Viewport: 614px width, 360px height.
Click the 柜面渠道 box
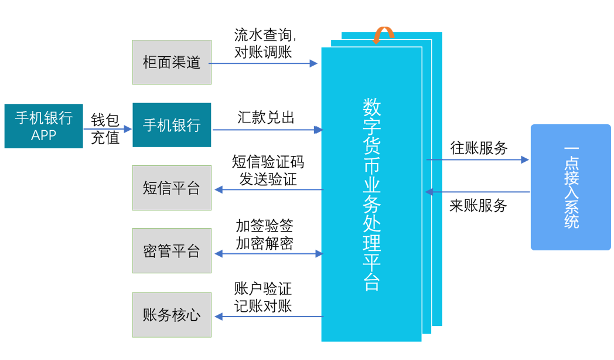click(x=172, y=62)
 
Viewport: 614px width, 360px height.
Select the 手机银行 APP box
click(x=43, y=126)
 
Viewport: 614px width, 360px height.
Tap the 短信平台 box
click(x=172, y=188)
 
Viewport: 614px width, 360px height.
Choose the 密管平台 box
click(x=172, y=251)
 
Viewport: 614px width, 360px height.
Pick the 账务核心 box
click(x=172, y=315)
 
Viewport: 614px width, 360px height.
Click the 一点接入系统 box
click(x=571, y=188)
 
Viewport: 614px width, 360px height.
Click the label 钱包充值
click(x=105, y=129)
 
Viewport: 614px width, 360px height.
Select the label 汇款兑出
click(x=266, y=117)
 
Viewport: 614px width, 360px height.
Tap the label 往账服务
click(x=478, y=148)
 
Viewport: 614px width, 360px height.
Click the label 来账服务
click(x=478, y=205)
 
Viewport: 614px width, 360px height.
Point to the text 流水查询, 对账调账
click(x=264, y=43)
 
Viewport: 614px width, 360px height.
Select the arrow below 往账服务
click(x=477, y=159)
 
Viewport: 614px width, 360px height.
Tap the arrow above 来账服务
click(x=477, y=192)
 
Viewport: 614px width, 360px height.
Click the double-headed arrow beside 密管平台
click(x=268, y=253)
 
